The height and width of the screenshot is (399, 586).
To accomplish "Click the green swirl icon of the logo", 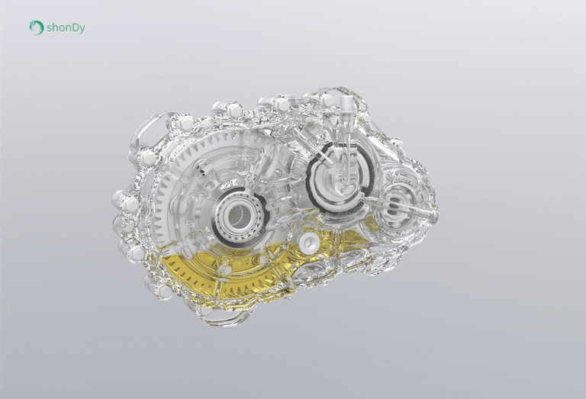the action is point(37,27).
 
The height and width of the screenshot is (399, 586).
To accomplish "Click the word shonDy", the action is point(66,28).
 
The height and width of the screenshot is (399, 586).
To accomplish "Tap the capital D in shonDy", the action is point(74,27).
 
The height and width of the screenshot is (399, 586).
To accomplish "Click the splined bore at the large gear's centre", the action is point(238,215).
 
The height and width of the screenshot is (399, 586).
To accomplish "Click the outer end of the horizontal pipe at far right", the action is point(434,216).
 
